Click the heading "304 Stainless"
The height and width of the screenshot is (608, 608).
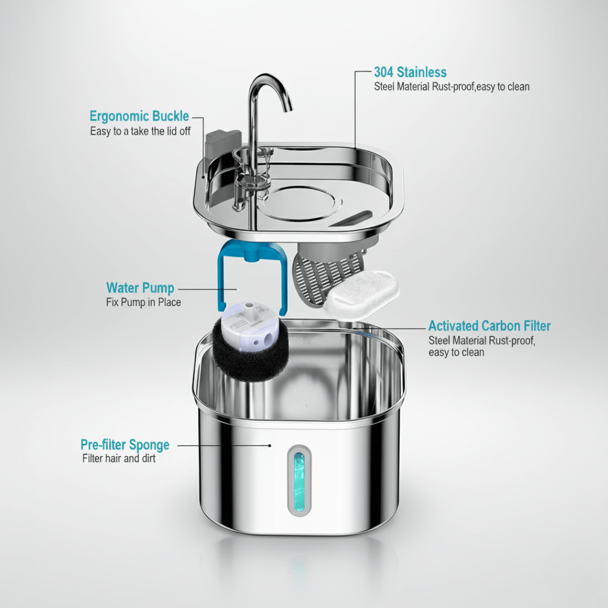[410, 72]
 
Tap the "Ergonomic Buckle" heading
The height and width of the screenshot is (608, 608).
[139, 117]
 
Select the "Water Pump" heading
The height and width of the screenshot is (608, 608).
[140, 288]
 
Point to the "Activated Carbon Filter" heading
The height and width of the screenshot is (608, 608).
[489, 326]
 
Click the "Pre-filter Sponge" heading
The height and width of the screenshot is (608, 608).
[124, 445]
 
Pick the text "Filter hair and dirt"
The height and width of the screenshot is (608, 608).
[119, 458]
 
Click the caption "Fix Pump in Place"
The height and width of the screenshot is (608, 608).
[144, 302]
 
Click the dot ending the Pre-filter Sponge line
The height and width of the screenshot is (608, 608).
[270, 445]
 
